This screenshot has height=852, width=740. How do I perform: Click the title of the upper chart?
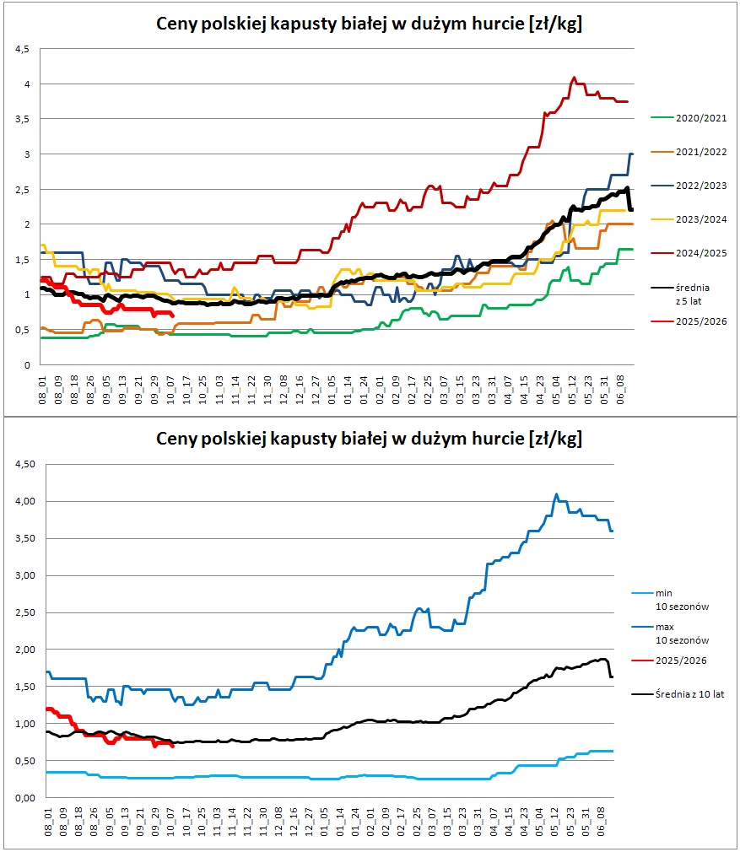[370, 24]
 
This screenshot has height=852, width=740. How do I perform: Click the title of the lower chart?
[370, 439]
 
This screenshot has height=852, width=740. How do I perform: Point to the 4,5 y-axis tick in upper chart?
[23, 49]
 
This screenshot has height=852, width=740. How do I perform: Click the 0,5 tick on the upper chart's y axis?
[23, 330]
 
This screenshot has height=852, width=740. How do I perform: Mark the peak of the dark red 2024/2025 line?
[575, 78]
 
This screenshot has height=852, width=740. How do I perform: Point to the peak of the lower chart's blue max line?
[556, 494]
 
